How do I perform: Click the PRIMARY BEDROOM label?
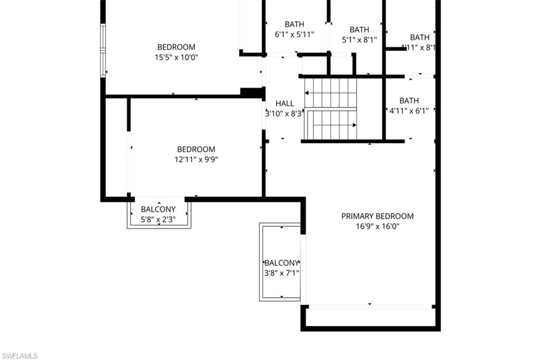point(377,216)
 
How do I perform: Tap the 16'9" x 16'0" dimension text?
point(377,226)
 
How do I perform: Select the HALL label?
point(285,104)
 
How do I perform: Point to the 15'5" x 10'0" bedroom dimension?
point(176,58)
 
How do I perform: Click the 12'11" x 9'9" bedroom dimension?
point(196,160)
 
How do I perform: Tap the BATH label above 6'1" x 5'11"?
point(294,24)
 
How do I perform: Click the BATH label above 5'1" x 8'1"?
point(359,30)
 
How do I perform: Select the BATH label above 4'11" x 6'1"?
point(409,100)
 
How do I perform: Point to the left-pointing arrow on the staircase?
point(309,93)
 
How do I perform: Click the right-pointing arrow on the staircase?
point(353,125)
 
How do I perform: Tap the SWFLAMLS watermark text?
point(20,356)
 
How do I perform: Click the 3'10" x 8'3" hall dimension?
point(284,113)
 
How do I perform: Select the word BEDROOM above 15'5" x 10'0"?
point(176,47)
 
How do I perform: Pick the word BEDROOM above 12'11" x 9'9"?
point(196,150)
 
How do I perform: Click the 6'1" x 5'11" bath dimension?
point(294,34)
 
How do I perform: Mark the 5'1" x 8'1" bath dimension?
point(359,40)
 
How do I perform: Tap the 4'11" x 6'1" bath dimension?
point(409,111)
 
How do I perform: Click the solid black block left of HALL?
point(252,93)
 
